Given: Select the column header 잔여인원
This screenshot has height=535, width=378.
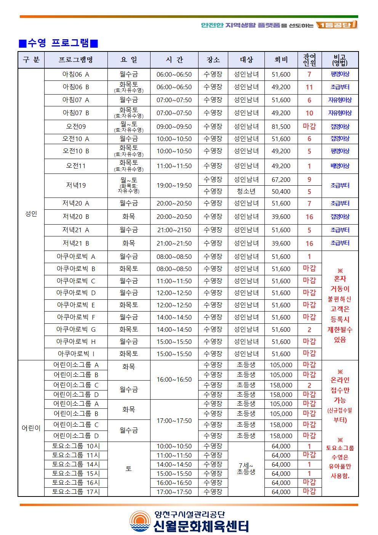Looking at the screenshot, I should coord(309,60).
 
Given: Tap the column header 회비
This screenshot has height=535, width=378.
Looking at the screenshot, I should coord(281,60).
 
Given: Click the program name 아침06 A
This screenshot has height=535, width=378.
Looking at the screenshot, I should coord(75,74).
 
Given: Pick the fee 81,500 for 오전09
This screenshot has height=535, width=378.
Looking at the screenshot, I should coord(281,127).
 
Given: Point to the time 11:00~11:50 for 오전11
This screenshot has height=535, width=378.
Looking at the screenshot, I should coord(174,166).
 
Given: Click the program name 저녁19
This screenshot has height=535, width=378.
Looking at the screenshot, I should coord(76,185).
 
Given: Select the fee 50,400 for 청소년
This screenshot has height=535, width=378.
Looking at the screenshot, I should coord(281,191).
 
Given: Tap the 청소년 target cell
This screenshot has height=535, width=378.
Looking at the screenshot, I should coord(246,191).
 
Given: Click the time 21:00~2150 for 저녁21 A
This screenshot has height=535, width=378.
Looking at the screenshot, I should coord(174,230).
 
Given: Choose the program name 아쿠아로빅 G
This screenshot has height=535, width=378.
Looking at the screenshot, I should coord(76,329).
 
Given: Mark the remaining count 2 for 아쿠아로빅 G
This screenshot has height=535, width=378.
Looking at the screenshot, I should coord(309,330).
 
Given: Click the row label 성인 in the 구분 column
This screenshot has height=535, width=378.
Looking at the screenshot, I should coord(31,214).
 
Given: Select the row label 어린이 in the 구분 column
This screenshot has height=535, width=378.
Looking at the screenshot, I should coord(31,428).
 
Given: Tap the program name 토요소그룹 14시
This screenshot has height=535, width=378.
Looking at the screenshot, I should coord(76,464).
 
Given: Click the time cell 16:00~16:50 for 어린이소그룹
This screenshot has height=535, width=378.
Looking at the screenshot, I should coord(174,380).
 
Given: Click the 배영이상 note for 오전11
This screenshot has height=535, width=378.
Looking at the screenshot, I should coord(340,166).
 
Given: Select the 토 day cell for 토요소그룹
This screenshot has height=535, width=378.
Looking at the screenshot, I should coord(128,469).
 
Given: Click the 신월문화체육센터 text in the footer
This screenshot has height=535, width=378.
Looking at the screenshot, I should coord(201,526).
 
